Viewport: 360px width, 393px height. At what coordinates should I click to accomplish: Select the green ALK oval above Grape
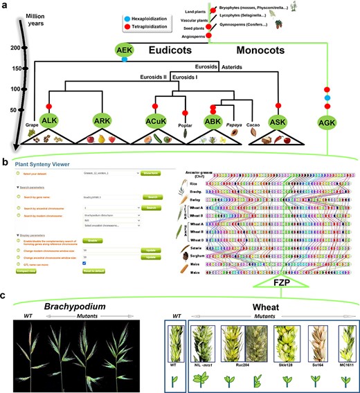(x=49, y=120)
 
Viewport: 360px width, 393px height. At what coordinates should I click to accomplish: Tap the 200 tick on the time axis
(x=23, y=48)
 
